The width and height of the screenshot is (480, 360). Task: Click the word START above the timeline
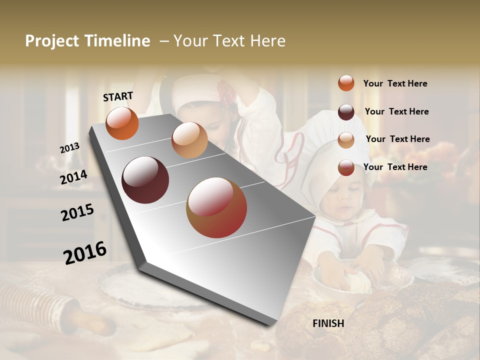pos(118,96)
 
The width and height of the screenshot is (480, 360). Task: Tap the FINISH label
pos(328,323)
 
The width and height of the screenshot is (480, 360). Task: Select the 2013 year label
pos(69,148)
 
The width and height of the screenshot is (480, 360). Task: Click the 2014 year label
pos(73,177)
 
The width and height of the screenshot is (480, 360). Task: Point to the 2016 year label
pos(85,253)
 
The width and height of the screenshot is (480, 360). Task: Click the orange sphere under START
pos(122,123)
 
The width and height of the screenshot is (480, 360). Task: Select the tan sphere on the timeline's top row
pos(189,140)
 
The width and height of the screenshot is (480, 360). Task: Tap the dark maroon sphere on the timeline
pos(145,180)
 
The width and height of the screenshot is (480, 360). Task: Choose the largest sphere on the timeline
pos(216,207)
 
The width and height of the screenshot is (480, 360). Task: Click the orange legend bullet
pos(346,83)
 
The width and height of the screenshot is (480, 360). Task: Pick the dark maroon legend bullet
pos(346,112)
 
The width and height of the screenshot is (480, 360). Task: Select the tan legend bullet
pos(346,140)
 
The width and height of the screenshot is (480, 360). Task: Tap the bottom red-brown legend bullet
pos(346,167)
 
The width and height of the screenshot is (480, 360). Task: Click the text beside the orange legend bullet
pos(395,84)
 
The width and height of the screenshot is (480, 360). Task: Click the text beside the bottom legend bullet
pos(395,167)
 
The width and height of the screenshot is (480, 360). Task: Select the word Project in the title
pos(51,41)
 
